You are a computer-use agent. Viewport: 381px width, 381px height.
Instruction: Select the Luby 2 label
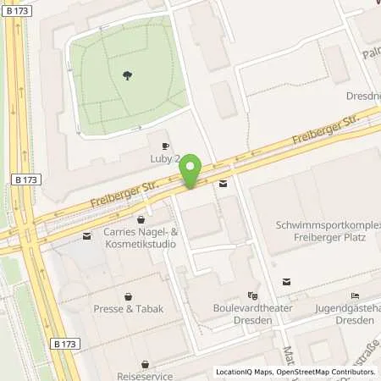pyautogui.click(x=165, y=158)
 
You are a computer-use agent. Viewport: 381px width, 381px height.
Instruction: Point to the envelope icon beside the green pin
pyautogui.click(x=223, y=184)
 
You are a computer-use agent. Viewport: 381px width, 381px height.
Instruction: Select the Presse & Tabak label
pyautogui.click(x=128, y=309)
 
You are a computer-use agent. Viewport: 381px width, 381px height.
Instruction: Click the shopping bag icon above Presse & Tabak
pyautogui.click(x=128, y=295)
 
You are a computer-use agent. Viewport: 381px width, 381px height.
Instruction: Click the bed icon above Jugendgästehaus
pyautogui.click(x=355, y=295)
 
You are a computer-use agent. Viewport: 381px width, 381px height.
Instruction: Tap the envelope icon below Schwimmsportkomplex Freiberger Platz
pyautogui.click(x=287, y=282)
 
